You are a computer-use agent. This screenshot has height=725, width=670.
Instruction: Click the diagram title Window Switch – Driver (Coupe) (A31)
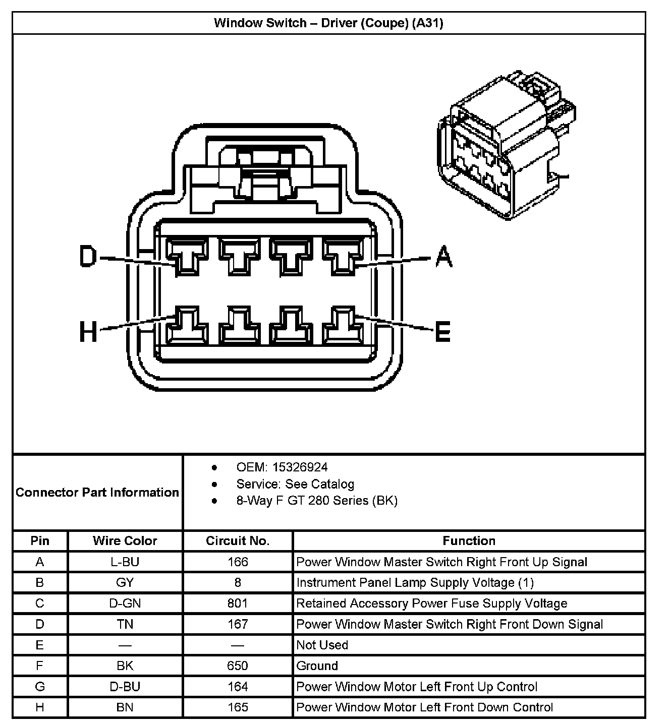coord(328,23)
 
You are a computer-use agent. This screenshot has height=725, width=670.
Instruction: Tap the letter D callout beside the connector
coord(88,256)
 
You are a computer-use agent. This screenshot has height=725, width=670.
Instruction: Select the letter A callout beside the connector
coord(443,256)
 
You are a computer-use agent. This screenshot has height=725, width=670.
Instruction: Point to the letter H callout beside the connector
coord(88,332)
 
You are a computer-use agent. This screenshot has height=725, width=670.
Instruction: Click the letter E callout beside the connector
coord(442,332)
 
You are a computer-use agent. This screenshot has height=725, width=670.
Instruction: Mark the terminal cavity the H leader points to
coord(186,325)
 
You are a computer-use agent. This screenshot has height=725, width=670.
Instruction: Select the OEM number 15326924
coord(300,467)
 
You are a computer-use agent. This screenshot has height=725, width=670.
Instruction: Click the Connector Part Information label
coord(97,492)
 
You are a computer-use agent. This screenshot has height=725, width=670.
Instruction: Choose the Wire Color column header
coord(125,541)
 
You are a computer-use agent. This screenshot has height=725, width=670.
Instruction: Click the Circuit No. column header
coord(238,541)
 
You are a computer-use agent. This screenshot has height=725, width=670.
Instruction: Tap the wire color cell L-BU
coord(125,562)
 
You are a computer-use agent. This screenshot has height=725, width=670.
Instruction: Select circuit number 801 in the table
coord(238,603)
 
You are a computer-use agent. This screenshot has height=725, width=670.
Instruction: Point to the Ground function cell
coord(317,666)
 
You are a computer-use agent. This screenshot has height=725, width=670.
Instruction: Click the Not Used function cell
coord(322,645)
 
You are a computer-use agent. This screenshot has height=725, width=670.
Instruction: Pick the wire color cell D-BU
coord(125,687)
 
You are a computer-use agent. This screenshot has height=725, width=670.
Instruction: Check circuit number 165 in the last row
coord(238,707)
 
